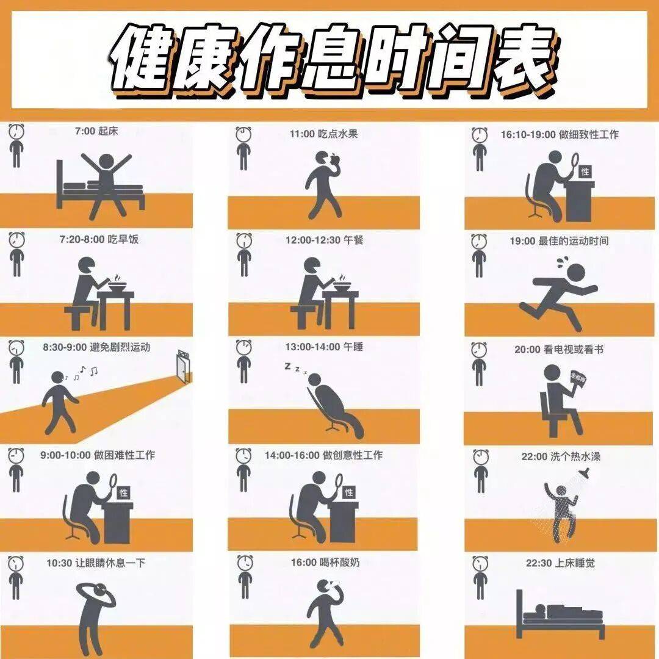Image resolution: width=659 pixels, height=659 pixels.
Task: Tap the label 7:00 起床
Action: click(96, 131)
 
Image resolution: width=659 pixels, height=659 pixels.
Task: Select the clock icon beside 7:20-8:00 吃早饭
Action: click(16, 240)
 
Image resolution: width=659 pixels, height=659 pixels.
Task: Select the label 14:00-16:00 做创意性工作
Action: click(323, 455)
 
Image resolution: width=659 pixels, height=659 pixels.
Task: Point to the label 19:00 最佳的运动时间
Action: click(559, 241)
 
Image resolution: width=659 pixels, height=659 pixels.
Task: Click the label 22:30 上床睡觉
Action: click(560, 563)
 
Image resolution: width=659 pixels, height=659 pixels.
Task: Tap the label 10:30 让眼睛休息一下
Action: click(96, 563)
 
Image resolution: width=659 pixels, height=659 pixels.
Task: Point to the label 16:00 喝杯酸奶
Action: click(325, 563)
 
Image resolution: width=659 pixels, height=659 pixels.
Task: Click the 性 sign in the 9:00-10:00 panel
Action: click(123, 492)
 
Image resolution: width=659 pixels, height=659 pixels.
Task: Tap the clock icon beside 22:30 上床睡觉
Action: click(480, 564)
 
